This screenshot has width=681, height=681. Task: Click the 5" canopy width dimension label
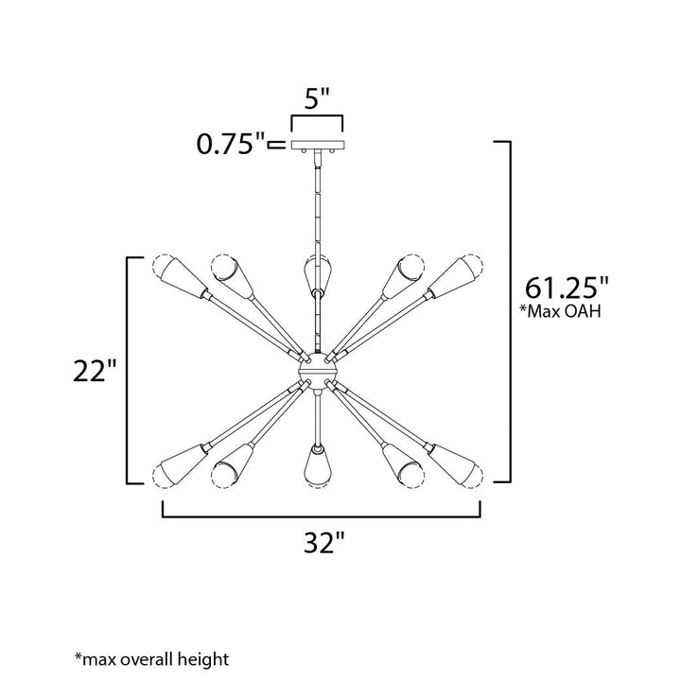pos(317,98)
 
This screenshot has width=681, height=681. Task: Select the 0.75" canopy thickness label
pos(231,144)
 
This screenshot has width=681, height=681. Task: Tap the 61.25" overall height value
pos(567,288)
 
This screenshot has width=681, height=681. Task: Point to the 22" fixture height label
pos(95,371)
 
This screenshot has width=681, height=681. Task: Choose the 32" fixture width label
pos(324,542)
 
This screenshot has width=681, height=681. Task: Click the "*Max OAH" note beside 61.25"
pos(560,311)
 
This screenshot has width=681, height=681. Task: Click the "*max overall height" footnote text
pos(151,659)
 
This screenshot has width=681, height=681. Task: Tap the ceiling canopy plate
pos(317,145)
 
